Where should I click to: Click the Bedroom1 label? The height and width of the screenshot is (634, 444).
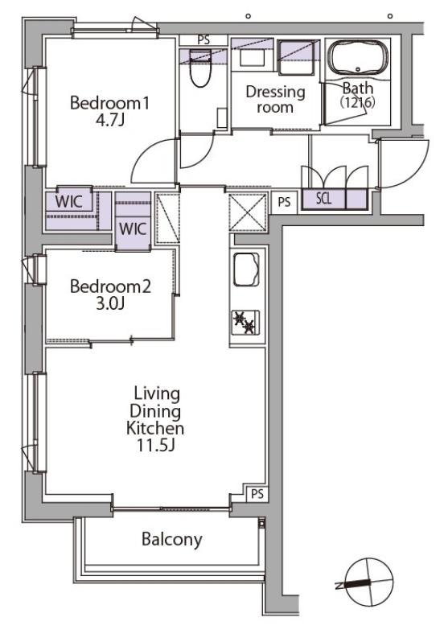[109, 103]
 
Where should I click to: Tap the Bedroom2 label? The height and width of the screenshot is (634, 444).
[110, 286]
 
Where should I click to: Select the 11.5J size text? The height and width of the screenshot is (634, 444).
[155, 445]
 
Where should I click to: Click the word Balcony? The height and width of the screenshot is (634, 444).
[172, 539]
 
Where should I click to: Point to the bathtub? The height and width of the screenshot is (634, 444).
[357, 58]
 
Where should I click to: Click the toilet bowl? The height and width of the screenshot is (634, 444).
[201, 68]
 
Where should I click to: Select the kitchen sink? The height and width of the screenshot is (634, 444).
[246, 269]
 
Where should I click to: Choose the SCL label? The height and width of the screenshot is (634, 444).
[323, 198]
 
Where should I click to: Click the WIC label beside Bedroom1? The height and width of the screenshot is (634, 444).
[68, 201]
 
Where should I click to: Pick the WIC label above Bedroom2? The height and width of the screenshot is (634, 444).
[133, 228]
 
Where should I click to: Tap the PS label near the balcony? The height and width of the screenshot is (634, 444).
[257, 494]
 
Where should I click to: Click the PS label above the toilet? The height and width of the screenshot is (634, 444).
[204, 40]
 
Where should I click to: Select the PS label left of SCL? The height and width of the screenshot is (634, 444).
[284, 201]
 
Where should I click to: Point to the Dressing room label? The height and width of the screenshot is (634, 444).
[275, 100]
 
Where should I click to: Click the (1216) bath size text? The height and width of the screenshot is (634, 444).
[357, 102]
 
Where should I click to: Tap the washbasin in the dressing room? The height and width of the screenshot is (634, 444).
[252, 57]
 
